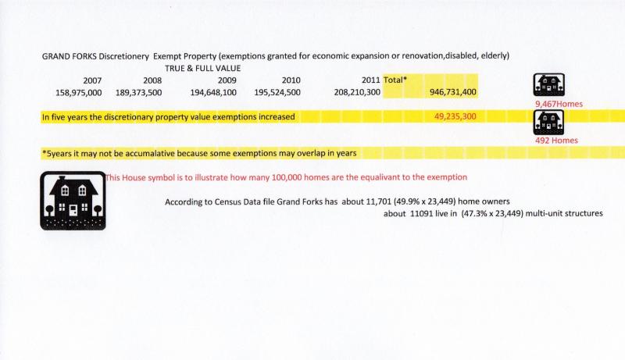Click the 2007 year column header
tap(91, 80)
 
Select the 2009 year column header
tap(227, 80)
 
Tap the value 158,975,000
tap(74, 92)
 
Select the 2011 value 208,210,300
tap(357, 92)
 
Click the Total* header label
tap(396, 80)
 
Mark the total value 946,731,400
tap(453, 92)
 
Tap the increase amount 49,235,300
tap(455, 116)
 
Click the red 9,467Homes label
tap(559, 104)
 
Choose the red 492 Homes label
tap(556, 141)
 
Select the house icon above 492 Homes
tap(548, 122)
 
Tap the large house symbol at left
tap(72, 200)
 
